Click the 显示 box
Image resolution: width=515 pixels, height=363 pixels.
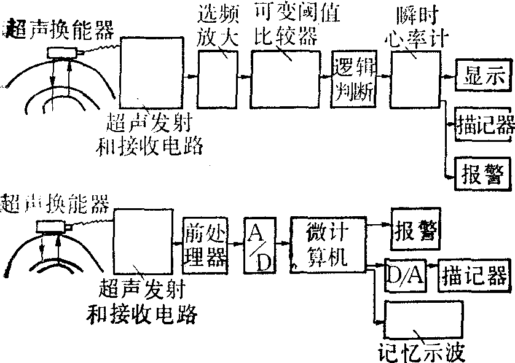(483, 77)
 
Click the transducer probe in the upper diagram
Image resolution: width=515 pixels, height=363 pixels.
(64, 53)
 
